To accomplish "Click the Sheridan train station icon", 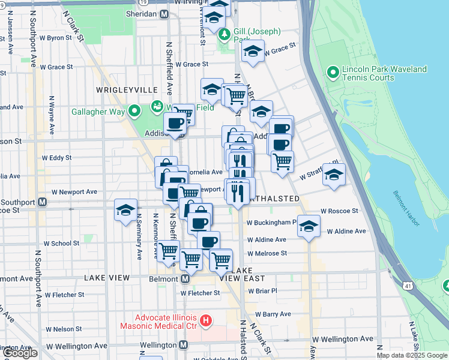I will (164, 14).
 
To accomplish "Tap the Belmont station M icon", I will (185, 279).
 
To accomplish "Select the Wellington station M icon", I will (183, 345).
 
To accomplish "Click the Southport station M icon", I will (42, 202).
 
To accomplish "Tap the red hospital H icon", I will (206, 321).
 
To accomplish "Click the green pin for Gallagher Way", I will (135, 111).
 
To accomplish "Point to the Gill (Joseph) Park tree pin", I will (224, 34).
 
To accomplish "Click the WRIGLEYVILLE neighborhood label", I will (126, 89).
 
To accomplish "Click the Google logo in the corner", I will (19, 353).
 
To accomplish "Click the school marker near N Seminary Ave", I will (125, 211).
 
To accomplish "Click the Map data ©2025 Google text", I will (411, 355).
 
